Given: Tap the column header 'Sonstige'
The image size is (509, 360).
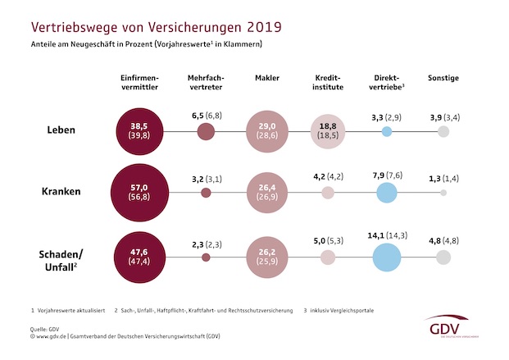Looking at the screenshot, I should pos(443,78).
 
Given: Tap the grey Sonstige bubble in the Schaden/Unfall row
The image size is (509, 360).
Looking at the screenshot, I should pos(443,257).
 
